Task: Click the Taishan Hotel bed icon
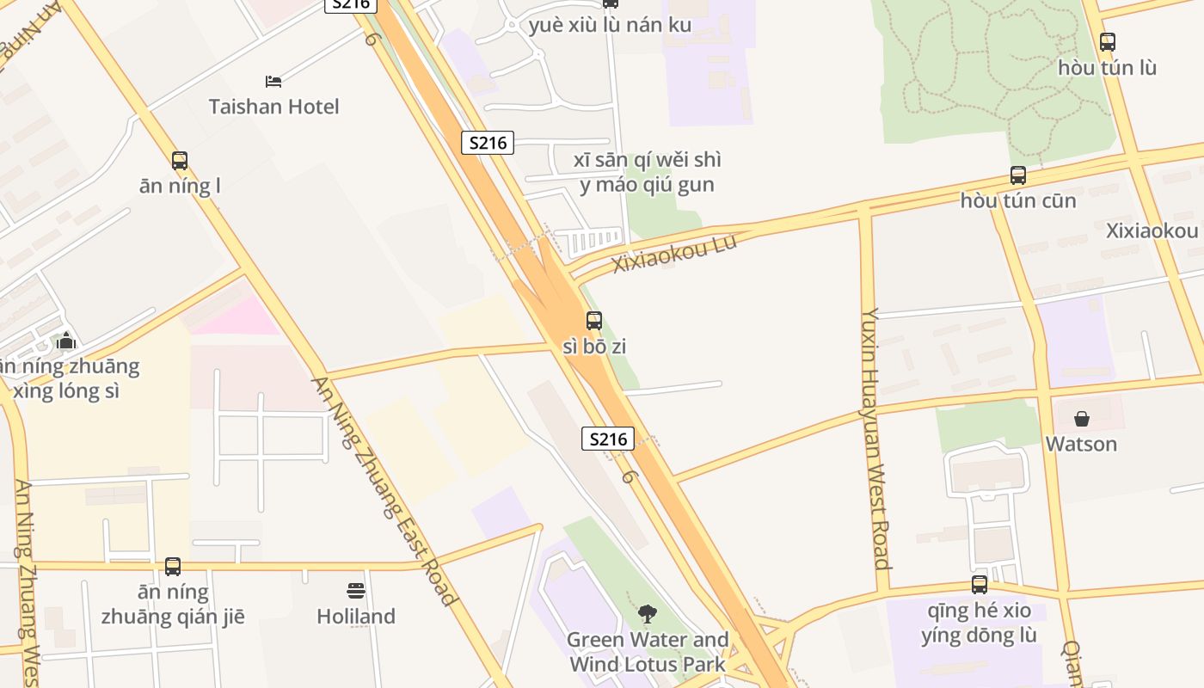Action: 273,82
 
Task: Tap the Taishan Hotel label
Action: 273,107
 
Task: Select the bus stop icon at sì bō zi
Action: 594,321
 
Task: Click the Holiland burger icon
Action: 356,591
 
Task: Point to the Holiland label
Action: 356,617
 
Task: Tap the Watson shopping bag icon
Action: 1082,419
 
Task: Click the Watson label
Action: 1082,444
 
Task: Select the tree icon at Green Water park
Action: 647,614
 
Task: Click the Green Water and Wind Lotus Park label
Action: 648,652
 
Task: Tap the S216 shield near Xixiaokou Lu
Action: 488,143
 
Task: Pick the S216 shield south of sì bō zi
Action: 608,439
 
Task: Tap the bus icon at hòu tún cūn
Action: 1018,175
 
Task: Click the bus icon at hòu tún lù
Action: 1108,41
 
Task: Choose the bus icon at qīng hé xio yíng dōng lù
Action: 980,585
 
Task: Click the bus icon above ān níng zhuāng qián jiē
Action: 173,567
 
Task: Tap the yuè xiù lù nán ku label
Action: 610,25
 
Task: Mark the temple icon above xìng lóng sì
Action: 66,341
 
